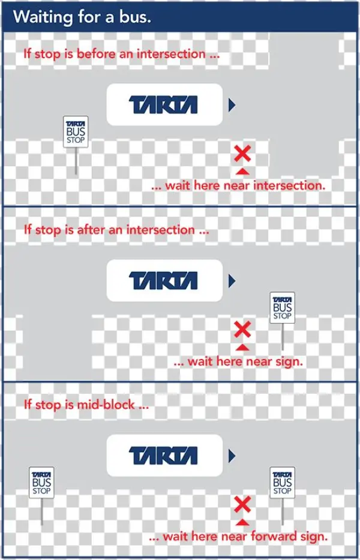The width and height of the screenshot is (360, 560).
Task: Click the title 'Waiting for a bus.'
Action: [x=82, y=17]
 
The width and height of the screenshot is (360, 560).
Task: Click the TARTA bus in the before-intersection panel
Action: [x=164, y=105]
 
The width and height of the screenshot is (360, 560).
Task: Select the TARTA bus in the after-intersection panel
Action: [x=164, y=280]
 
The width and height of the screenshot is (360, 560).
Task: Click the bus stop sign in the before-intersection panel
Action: [x=76, y=131]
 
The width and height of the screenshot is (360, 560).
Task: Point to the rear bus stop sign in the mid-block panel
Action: [x=41, y=483]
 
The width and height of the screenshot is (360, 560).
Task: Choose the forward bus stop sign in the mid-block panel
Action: [x=282, y=483]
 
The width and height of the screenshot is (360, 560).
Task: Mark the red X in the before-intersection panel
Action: [x=242, y=154]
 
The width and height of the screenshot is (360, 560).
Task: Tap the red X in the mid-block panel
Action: [x=242, y=504]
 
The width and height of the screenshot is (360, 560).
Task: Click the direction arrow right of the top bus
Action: [x=232, y=106]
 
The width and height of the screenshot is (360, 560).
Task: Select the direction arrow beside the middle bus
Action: [x=232, y=281]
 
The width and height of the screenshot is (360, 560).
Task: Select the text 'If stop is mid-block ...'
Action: [x=86, y=404]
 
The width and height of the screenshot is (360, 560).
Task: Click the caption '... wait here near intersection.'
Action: [x=238, y=185]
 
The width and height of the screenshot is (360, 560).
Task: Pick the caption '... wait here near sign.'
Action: [x=238, y=361]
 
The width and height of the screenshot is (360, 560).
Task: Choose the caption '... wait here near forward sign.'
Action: [x=238, y=536]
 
